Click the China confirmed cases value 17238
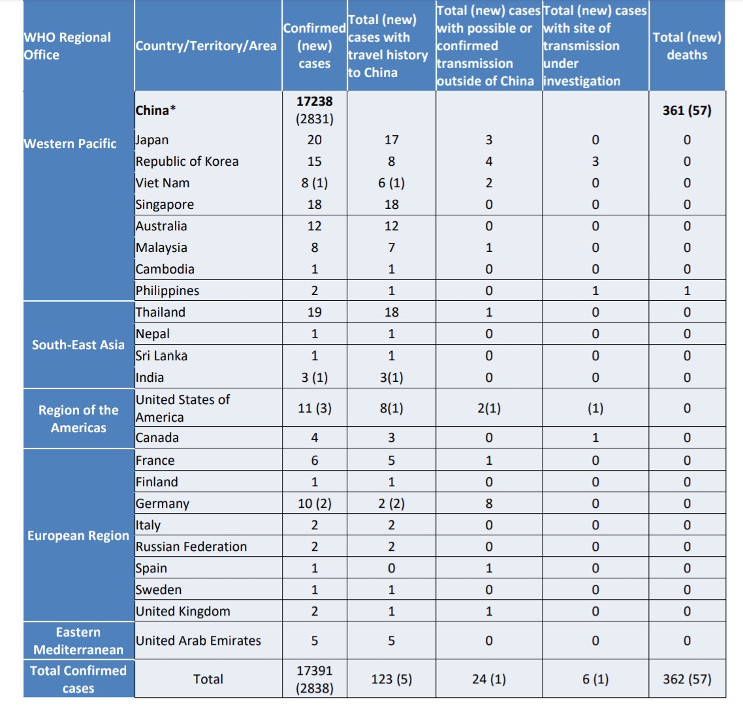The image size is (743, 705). pyautogui.click(x=314, y=101)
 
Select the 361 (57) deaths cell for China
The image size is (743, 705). pyautogui.click(x=687, y=110)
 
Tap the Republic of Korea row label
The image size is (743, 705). pyautogui.click(x=187, y=161)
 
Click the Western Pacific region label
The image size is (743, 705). pyautogui.click(x=71, y=144)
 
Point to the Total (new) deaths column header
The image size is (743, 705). pyautogui.click(x=687, y=46)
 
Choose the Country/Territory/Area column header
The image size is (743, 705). pyautogui.click(x=206, y=46)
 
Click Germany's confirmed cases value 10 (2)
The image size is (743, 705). pyautogui.click(x=314, y=503)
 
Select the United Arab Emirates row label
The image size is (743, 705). pyautogui.click(x=198, y=640)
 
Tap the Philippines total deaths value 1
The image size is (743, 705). pyautogui.click(x=687, y=290)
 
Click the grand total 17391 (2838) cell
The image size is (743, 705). pyautogui.click(x=314, y=679)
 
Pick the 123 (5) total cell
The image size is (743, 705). pyautogui.click(x=391, y=679)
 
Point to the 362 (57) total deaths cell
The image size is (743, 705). pyautogui.click(x=687, y=679)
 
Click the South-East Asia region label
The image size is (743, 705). pyautogui.click(x=78, y=345)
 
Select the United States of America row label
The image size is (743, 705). pyautogui.click(x=183, y=408)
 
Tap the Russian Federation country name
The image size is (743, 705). pyautogui.click(x=191, y=546)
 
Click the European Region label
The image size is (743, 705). pyautogui.click(x=78, y=535)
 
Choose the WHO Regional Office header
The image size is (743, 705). pyautogui.click(x=68, y=46)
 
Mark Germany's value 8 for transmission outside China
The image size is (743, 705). pyautogui.click(x=489, y=503)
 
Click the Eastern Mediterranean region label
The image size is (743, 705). pyautogui.click(x=78, y=640)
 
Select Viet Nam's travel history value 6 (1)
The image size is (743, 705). pyautogui.click(x=391, y=183)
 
